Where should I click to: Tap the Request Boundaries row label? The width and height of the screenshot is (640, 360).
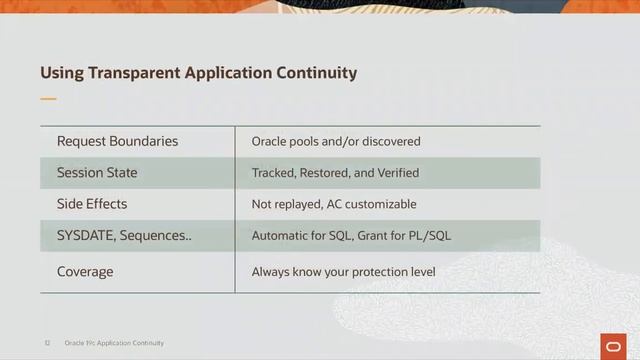[x=117, y=141]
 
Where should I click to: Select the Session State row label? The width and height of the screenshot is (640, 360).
[x=97, y=173]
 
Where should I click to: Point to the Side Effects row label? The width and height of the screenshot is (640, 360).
[x=92, y=204]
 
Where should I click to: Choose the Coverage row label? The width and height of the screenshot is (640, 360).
[x=85, y=271]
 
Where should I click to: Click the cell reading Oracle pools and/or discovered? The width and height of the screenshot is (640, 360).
[x=336, y=142]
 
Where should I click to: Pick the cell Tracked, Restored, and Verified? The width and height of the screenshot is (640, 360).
[x=335, y=173]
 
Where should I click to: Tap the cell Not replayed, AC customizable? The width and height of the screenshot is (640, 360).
[x=334, y=204]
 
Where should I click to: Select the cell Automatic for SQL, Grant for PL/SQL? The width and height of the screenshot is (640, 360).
[x=351, y=236]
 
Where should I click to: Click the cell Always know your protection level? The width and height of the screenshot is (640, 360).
[x=343, y=271]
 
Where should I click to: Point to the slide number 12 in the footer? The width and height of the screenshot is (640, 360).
[x=46, y=342]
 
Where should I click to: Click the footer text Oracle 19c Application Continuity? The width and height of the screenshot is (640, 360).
[x=114, y=342]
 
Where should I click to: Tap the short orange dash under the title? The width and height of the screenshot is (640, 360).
[x=48, y=99]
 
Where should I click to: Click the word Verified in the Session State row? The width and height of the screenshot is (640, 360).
[x=398, y=173]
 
